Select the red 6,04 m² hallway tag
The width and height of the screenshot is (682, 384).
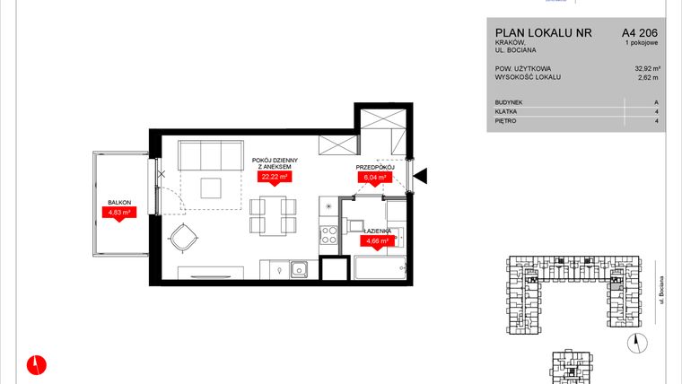point(373,178)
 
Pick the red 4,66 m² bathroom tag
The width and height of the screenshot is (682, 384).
point(376,241)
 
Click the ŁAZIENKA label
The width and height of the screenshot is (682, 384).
point(376,231)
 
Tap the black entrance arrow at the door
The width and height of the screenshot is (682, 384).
point(421,175)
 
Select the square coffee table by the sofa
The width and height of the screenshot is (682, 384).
point(213,188)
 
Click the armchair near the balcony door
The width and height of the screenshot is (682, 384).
point(184,237)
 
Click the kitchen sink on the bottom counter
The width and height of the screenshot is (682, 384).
point(297,269)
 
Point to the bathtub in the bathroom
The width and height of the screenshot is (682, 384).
point(380,269)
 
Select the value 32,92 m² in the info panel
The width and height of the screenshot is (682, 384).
point(648,68)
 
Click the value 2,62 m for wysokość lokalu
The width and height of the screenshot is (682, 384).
point(650,78)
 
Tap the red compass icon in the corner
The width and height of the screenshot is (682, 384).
point(36,363)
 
